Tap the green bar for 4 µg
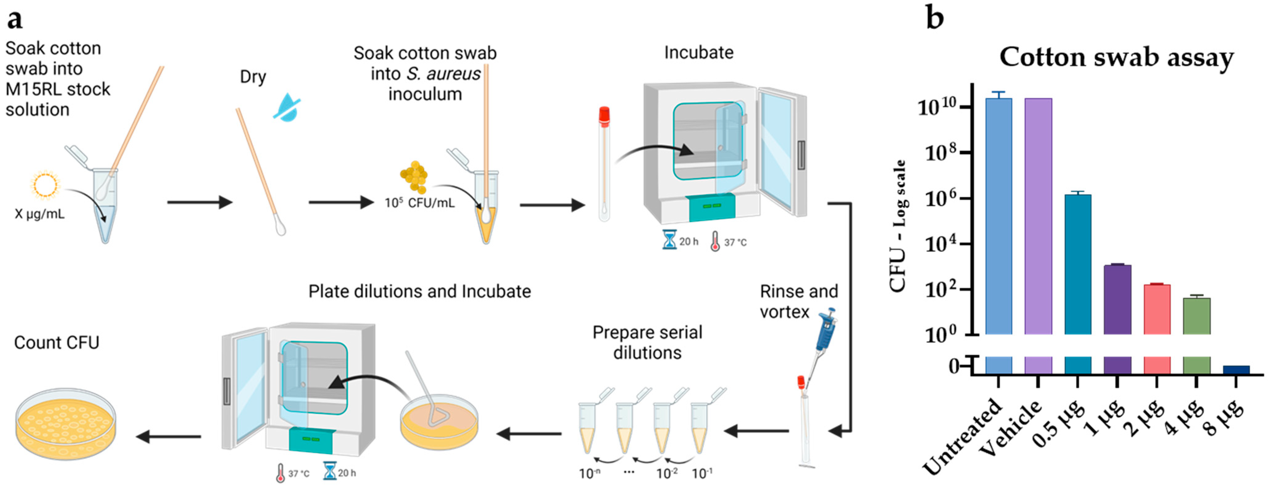point(1197,316)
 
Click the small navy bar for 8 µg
point(1236,370)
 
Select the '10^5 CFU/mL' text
point(419,203)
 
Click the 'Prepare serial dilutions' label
point(647,343)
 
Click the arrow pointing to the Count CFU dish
point(168,436)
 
